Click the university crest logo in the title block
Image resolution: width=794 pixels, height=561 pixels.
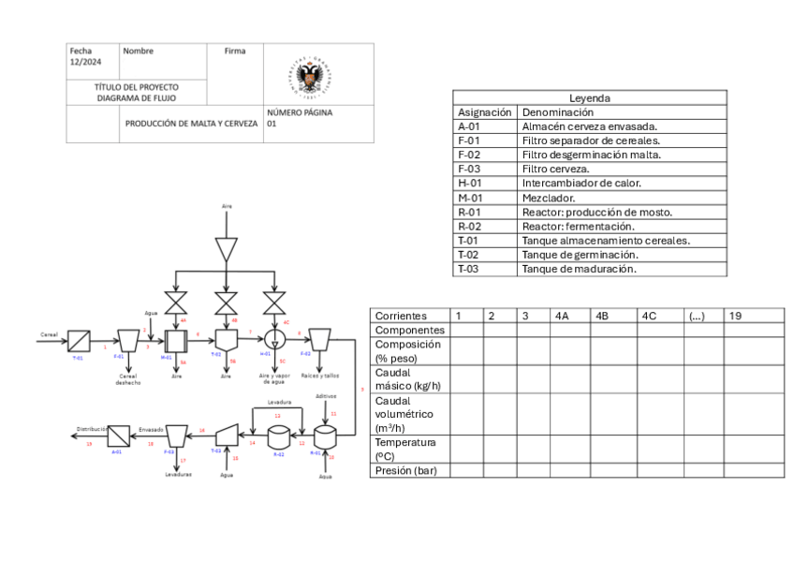point(310,74)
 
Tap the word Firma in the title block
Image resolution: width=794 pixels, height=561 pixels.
point(235,52)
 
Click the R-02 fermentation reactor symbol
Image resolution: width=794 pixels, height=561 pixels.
point(277,436)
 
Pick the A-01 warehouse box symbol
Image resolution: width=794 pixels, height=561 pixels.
point(118,436)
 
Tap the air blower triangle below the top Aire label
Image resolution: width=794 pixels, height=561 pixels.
point(226,249)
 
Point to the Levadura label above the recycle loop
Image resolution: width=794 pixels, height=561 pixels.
point(277,403)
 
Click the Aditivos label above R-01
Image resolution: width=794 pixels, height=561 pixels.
point(326,396)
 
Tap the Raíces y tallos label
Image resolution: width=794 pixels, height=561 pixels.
point(320,374)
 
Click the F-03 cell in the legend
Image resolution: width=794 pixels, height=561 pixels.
point(470,169)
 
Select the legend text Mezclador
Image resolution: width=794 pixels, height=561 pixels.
point(549,198)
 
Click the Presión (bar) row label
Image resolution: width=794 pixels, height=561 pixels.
point(405,471)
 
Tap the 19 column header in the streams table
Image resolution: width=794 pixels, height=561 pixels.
point(736,317)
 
